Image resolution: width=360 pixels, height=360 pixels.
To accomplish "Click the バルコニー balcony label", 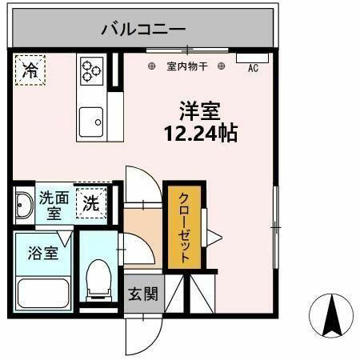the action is (143, 29).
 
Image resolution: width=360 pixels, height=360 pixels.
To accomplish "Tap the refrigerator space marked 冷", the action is (30, 70).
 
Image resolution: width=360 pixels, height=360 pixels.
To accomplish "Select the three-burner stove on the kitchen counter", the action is (92, 71).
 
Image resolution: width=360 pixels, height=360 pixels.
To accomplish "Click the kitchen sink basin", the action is (91, 122).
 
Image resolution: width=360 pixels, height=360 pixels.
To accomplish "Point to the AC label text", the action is (253, 68).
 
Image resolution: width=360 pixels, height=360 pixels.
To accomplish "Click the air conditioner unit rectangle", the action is (252, 58).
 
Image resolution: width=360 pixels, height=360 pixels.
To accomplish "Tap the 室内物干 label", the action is (187, 66).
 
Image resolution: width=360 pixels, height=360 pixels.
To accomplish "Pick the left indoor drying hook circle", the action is (151, 66).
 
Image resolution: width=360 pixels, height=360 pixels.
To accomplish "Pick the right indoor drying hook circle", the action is (221, 66).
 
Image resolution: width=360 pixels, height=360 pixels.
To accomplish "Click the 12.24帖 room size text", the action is (201, 133).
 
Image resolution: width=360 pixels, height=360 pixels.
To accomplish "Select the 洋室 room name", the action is (200, 111).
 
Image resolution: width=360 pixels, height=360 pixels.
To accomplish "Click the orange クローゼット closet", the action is (184, 227).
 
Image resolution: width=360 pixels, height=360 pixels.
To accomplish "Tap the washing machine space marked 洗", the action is (91, 203).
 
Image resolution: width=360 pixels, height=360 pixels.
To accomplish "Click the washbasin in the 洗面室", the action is (24, 205).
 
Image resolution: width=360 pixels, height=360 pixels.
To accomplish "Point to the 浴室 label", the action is (43, 253).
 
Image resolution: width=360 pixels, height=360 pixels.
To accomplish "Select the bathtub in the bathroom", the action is (43, 294).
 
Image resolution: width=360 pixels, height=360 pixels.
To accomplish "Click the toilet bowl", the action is (99, 278).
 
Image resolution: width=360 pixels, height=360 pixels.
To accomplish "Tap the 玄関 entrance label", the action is (143, 294).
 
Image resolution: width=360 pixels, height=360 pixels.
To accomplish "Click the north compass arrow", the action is (332, 315).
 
